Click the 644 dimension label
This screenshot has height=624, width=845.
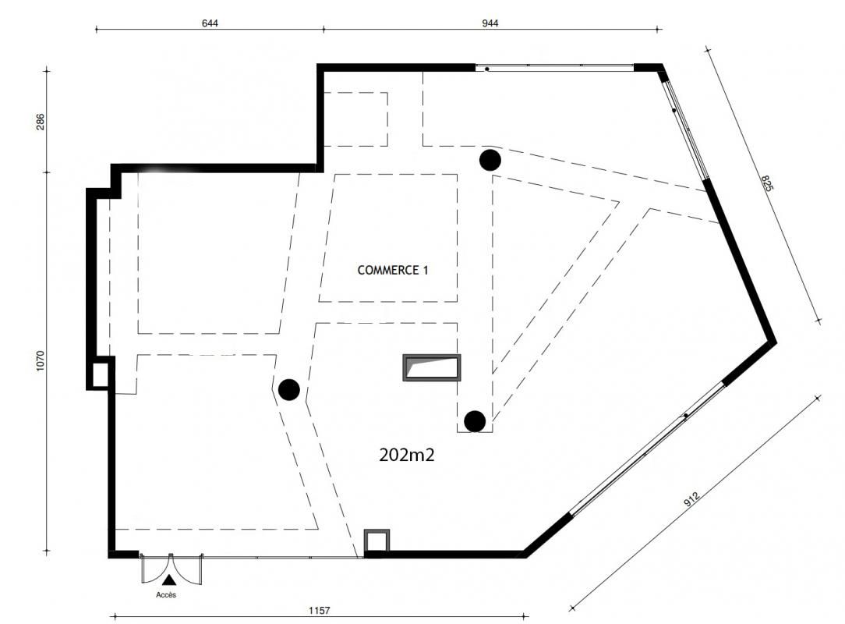point(210,23)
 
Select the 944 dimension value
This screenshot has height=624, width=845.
point(490,23)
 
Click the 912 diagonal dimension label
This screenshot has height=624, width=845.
point(691,500)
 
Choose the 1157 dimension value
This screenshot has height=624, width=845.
point(319,612)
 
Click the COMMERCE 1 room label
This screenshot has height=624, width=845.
point(393,271)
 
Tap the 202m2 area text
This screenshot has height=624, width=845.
point(406,456)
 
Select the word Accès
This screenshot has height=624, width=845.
point(167,595)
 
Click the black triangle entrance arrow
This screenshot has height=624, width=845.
point(168,580)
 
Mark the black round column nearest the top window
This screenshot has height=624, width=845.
point(490,160)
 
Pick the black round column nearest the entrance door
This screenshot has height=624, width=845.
point(289,389)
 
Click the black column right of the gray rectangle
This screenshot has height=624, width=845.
point(475,421)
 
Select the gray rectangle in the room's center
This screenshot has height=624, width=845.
point(431,368)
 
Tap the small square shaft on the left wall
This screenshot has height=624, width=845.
point(101,374)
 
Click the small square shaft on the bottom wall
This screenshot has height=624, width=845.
point(377,541)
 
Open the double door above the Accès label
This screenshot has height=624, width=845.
point(171,567)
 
